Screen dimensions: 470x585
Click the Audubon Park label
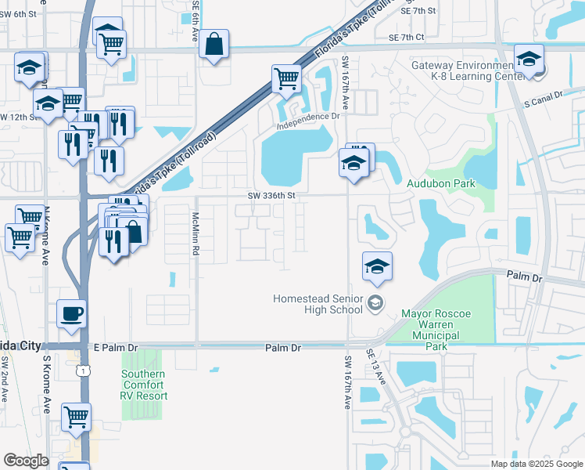tap(441, 183)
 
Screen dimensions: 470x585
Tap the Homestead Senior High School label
tap(318, 304)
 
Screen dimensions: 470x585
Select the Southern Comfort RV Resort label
tap(143, 385)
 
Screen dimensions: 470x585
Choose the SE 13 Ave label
tap(375, 366)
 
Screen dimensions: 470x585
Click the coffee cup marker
tap(72, 313)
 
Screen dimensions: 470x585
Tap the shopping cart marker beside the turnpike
tap(286, 78)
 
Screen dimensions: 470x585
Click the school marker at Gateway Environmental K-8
tap(529, 60)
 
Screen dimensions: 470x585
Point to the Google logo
tap(26, 461)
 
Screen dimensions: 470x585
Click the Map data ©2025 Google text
tap(536, 464)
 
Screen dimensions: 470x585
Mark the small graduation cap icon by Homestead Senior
tap(375, 303)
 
